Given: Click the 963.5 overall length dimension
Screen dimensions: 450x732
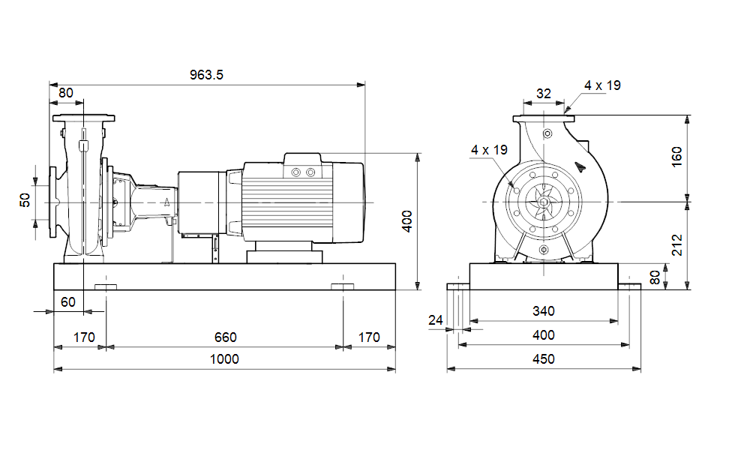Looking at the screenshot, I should pos(208,74).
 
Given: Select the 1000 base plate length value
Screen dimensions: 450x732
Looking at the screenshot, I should pos(224,358).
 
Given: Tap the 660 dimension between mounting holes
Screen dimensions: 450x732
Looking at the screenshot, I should pos(224,337).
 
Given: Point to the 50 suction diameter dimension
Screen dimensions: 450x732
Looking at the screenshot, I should pos(25,201).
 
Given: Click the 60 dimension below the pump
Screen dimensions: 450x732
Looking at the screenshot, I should pos(68,301).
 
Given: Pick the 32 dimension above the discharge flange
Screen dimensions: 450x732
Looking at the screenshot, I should pos(543,94).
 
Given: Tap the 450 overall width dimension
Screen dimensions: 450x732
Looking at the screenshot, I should pos(543,358).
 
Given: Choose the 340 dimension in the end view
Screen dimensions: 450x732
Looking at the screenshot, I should pos(543,311).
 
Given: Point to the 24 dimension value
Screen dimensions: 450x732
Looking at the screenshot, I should pos(436,320).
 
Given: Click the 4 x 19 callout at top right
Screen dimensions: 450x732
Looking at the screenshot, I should pos(603,85).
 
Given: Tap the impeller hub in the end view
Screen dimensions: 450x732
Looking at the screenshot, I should pos(541,202).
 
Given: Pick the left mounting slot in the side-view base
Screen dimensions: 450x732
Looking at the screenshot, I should pos(106,287).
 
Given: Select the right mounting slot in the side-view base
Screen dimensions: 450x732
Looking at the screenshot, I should pos(343,287).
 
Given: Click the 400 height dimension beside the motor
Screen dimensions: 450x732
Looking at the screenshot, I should pos(407,221).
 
